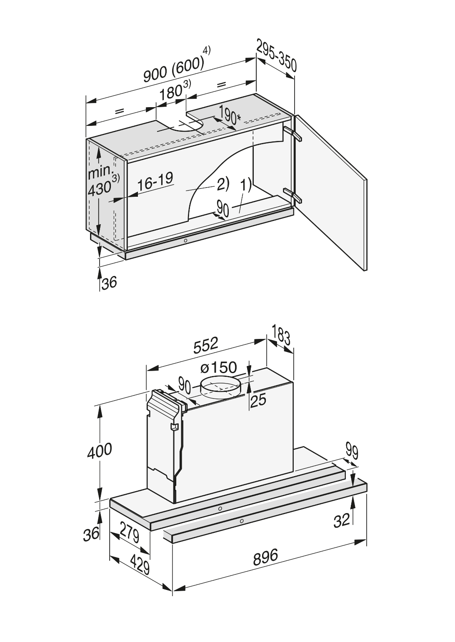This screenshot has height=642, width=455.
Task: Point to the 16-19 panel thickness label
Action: (x=155, y=182)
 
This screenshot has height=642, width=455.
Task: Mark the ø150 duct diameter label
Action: (x=218, y=368)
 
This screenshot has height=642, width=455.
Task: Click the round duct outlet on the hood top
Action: (x=220, y=387)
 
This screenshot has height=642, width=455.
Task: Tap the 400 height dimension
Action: (x=99, y=451)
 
